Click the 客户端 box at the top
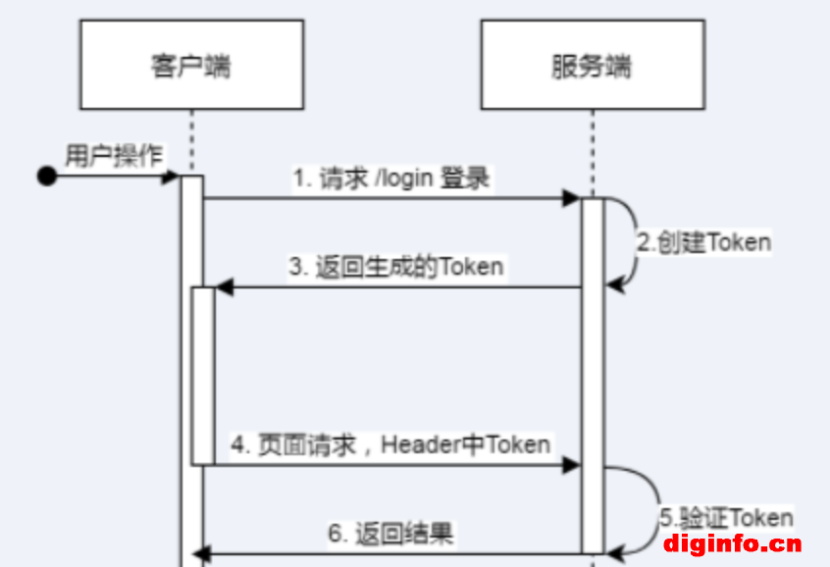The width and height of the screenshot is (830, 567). tap(191, 67)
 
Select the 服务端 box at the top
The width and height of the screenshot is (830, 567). tap(592, 67)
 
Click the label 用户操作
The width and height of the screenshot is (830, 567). tap(115, 155)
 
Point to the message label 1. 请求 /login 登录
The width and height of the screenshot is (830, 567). tap(391, 179)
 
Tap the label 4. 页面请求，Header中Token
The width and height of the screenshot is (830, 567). tap(390, 444)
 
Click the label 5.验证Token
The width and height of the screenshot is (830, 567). tap(725, 517)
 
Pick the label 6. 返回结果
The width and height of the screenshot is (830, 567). tap(390, 534)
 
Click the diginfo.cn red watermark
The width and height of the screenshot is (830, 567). tap(732, 543)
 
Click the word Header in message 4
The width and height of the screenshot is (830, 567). tap(410, 444)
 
